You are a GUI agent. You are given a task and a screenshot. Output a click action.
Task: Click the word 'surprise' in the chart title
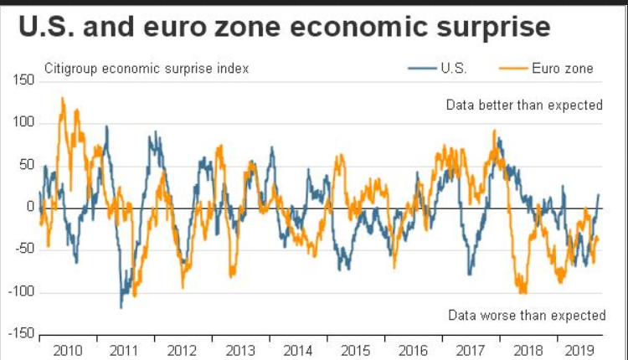pyautogui.click(x=486, y=27)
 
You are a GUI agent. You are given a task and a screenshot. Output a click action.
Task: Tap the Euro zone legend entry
pyautogui.click(x=562, y=68)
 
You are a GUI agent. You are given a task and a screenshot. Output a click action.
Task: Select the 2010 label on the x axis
pyautogui.click(x=68, y=350)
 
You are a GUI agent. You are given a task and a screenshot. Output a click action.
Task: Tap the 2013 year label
pyautogui.click(x=241, y=350)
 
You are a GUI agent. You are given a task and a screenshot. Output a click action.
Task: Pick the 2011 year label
pyautogui.click(x=126, y=350)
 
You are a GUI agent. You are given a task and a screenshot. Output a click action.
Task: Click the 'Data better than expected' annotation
pyautogui.click(x=524, y=105)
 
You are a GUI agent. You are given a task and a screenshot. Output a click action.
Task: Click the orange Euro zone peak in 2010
pyautogui.click(x=63, y=98)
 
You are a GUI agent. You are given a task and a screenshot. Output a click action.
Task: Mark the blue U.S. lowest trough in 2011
pyautogui.click(x=121, y=307)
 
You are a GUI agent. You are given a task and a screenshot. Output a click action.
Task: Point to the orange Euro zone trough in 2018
pyautogui.click(x=523, y=292)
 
